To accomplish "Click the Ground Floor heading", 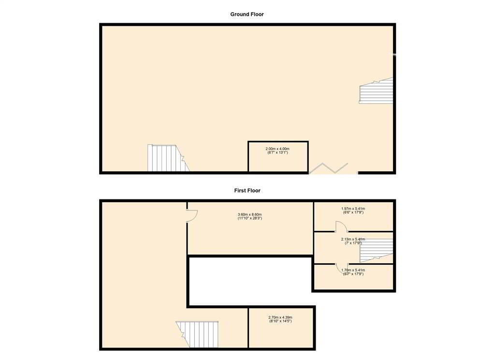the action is pos(247,14).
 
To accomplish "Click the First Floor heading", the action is pos(247,191).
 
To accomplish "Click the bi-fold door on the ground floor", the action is pos(328,168).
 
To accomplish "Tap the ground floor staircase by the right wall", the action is pos(376,91).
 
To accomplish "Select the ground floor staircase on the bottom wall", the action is pos(168,158).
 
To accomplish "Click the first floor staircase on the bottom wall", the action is pos(197,334).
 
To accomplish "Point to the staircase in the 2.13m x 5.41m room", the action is pos(376,250).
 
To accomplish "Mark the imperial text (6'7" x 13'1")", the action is pos(277,152).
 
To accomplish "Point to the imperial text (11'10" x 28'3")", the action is pos(250,218).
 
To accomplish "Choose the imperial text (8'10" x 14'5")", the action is pos(280,321).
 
